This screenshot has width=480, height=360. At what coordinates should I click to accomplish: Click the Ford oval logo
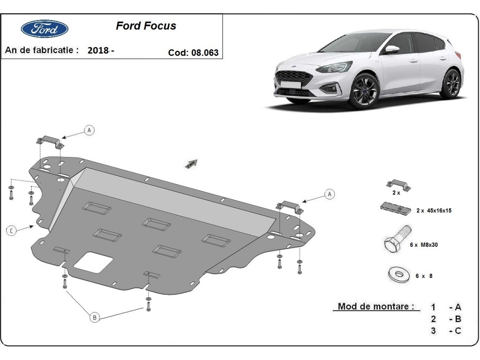click(44, 29)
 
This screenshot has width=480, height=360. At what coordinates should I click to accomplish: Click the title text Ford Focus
click(146, 26)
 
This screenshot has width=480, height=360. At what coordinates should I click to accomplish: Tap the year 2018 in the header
click(98, 50)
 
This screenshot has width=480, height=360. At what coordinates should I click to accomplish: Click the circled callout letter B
click(95, 318)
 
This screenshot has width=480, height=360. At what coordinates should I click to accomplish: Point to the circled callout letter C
click(12, 230)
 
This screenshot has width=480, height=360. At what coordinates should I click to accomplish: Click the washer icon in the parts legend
click(396, 274)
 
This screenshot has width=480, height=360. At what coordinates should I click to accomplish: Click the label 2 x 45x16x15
click(434, 210)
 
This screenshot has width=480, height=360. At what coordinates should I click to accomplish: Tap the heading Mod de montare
click(376, 307)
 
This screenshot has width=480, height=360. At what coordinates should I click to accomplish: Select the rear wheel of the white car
click(452, 83)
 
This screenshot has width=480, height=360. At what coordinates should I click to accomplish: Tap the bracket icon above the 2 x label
click(398, 184)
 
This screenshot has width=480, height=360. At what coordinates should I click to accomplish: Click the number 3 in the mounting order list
click(434, 331)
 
